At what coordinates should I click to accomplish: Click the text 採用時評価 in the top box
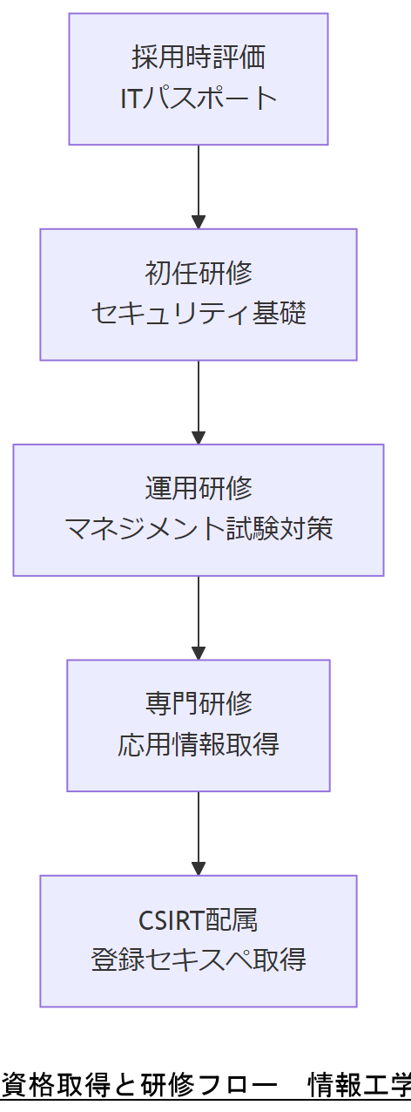pyautogui.click(x=199, y=58)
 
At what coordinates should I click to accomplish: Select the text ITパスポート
pyautogui.click(x=199, y=98)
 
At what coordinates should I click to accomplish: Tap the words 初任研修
pyautogui.click(x=199, y=274)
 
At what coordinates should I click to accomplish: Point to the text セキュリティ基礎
pyautogui.click(x=199, y=313)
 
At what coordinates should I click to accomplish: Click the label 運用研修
pyautogui.click(x=199, y=489)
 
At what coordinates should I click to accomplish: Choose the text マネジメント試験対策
pyautogui.click(x=199, y=529)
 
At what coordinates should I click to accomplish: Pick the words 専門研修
pyautogui.click(x=199, y=704)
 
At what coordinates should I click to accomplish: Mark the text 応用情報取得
pyautogui.click(x=199, y=745)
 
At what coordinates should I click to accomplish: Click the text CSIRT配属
pyautogui.click(x=199, y=920)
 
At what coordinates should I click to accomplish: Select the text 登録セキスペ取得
pyautogui.click(x=199, y=960)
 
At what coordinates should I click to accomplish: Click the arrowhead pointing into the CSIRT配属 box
pyautogui.click(x=199, y=868)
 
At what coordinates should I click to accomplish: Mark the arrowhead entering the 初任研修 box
pyautogui.click(x=199, y=221)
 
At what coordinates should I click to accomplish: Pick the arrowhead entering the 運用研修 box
pyautogui.click(x=199, y=437)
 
